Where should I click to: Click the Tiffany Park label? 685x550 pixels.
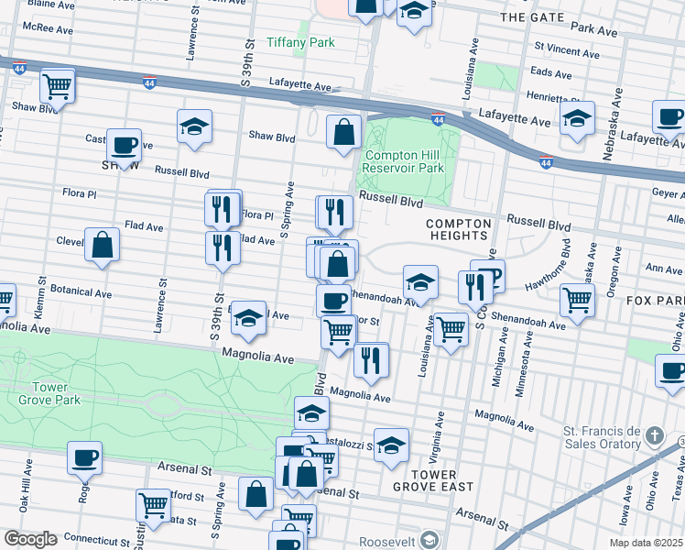tap(300, 42)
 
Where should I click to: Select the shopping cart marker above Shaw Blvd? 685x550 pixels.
tap(57, 86)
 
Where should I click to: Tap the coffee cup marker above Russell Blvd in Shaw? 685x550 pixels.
tap(124, 144)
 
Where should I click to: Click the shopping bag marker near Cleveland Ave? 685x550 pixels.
tap(102, 245)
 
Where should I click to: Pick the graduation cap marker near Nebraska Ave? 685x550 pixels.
tap(577, 118)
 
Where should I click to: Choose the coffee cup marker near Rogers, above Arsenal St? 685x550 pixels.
tap(84, 456)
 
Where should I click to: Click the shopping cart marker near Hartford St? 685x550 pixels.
tap(153, 505)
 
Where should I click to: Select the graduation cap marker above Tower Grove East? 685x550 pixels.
tap(391, 445)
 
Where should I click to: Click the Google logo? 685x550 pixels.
tap(29, 539)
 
